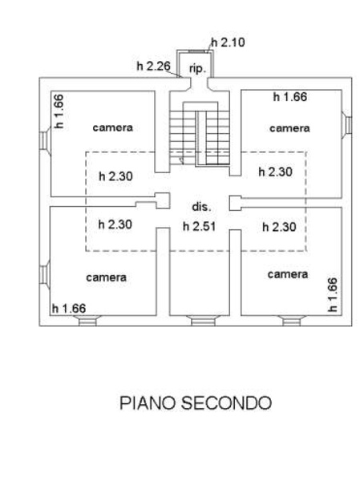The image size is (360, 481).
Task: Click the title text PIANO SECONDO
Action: coord(196,402)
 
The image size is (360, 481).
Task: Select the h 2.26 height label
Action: coord(152,67)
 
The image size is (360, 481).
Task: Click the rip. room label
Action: coord(197,70)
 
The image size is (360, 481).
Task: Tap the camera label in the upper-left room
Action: coord(112,127)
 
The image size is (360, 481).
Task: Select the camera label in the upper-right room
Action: coord(289,127)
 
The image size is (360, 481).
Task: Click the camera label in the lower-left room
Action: coord(107,277)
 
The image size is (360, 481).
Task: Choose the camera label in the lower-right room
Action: coord(288,274)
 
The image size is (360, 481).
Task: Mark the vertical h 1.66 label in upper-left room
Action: coord(58,111)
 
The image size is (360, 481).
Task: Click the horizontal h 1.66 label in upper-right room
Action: coord(289,97)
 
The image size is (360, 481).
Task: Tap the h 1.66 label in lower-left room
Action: coord(68,308)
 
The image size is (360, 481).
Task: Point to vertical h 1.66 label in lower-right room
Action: coord(332,294)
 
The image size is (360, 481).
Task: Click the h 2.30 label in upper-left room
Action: coord(115,176)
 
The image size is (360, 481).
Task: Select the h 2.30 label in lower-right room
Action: coord(280,227)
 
